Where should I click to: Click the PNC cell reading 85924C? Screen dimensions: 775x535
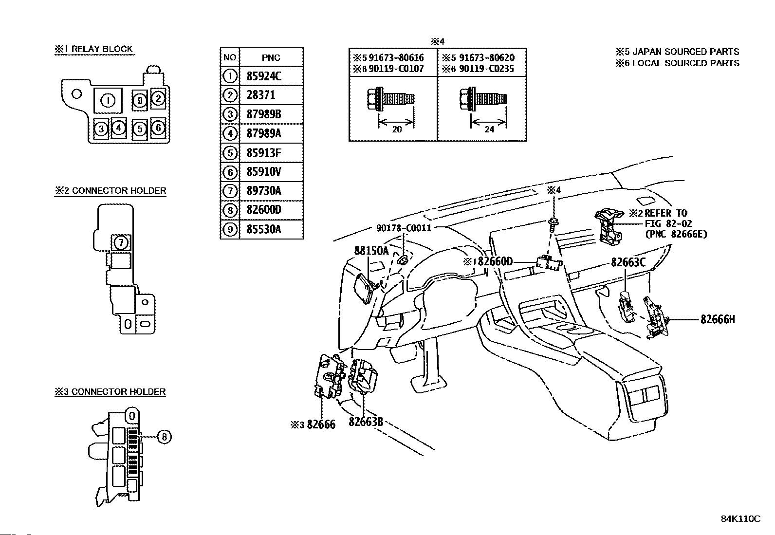271,76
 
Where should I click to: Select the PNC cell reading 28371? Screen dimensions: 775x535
271,95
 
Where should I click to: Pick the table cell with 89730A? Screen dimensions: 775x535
271,191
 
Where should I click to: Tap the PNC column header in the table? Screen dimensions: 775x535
271,57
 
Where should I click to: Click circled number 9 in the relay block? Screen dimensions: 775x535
140,100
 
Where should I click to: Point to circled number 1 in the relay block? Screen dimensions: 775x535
108,101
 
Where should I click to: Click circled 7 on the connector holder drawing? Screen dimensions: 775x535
121,242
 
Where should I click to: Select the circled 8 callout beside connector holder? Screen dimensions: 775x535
165,437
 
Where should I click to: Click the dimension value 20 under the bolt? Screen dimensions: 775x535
397,129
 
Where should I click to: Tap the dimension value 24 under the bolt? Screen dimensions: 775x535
489,129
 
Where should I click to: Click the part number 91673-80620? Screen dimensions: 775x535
486,57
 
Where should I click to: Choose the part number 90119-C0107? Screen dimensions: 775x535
396,69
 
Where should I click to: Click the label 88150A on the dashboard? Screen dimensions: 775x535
371,251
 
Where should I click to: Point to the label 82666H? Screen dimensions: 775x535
718,319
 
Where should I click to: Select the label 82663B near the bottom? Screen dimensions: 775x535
366,422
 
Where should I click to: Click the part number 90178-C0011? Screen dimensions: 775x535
404,228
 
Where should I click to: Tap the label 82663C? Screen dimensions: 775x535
628,262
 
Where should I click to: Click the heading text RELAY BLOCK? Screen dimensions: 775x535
102,49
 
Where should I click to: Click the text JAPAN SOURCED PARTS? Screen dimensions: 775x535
686,52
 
